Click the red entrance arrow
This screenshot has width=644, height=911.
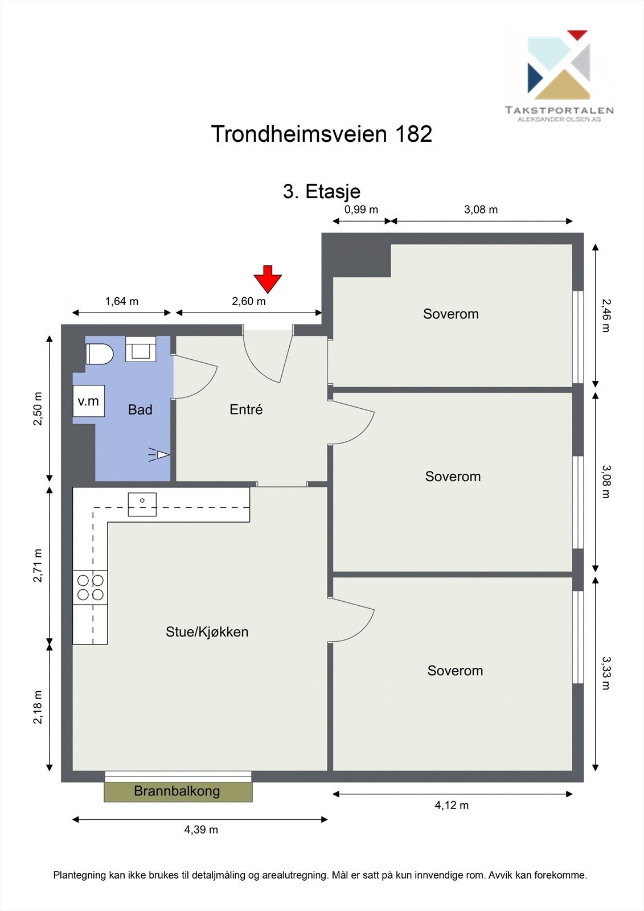(268, 279)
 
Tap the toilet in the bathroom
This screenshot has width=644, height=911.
(99, 354)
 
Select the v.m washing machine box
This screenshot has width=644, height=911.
(89, 401)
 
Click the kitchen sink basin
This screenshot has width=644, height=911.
(142, 504)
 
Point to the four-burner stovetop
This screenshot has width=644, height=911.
(91, 588)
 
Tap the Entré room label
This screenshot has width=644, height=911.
(246, 409)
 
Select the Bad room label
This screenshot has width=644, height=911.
(140, 409)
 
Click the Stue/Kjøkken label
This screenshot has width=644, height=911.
(207, 631)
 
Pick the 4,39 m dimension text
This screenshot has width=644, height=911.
(201, 830)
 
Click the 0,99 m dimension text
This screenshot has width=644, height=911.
(361, 210)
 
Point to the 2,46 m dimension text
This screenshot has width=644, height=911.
(606, 315)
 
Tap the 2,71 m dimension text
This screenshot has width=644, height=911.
(38, 565)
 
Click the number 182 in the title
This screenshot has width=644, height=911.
(412, 134)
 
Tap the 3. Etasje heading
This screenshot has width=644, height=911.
(322, 191)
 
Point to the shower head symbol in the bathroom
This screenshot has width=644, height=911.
(159, 455)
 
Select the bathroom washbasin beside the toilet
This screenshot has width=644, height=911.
(141, 349)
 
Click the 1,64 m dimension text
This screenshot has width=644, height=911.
(122, 301)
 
